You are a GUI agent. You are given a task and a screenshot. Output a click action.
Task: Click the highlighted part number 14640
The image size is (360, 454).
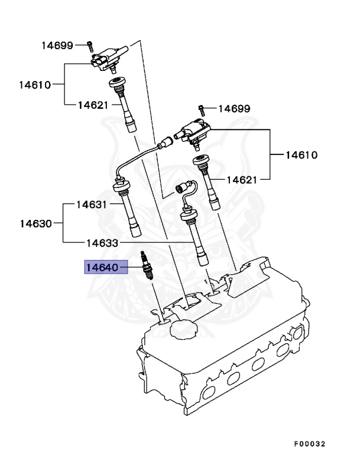102,268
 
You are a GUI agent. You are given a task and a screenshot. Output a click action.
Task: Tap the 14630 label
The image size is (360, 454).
35,223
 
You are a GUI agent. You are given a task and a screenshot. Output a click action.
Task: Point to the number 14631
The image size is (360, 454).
91,205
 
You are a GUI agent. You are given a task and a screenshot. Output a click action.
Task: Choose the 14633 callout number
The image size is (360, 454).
102,242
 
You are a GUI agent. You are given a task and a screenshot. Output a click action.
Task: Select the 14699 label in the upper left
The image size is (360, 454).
57,45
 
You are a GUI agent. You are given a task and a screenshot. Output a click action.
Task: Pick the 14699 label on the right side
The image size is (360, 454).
234,108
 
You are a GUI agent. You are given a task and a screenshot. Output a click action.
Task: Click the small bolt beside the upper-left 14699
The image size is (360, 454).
90,45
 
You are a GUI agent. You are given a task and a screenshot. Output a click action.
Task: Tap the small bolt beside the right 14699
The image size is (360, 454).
202,108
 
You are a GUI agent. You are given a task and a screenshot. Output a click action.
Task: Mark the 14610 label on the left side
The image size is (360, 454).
34,84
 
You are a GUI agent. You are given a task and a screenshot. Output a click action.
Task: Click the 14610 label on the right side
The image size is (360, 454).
301,155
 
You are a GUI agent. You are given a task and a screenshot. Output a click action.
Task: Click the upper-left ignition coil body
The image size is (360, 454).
108,59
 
